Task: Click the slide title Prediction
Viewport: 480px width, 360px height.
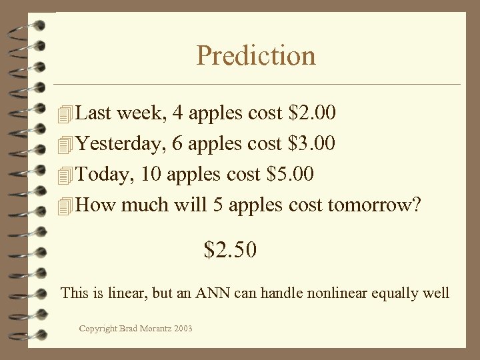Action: [256, 55]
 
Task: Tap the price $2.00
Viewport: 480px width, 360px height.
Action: [313, 113]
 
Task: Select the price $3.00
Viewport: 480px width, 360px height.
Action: [313, 143]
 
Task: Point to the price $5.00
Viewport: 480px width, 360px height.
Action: [290, 174]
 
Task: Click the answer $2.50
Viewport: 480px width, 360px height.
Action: [230, 250]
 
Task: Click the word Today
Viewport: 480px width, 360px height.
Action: [99, 174]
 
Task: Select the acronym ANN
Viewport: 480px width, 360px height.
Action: [211, 293]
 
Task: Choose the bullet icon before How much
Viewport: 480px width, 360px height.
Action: [64, 205]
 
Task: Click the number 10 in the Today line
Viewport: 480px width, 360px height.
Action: [151, 174]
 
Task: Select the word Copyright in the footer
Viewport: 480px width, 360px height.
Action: [98, 328]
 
